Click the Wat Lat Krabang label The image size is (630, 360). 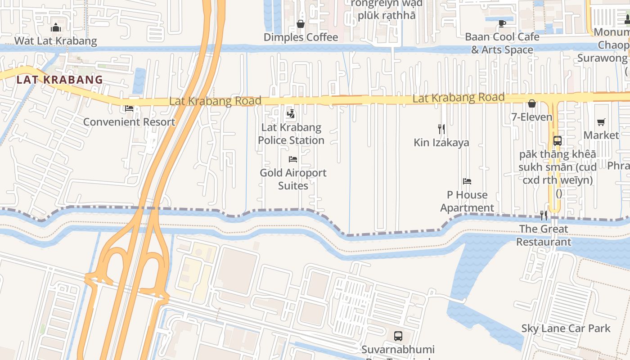coord(56,41)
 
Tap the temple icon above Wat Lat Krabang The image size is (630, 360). coord(56,28)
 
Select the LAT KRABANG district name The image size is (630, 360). coord(59,80)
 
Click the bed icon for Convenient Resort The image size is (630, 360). coord(130,108)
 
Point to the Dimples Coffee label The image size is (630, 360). coord(301,37)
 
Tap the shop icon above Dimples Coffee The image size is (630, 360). coord(301,24)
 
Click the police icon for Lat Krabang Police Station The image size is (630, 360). coord(291,114)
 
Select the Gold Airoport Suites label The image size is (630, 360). coord(293,179)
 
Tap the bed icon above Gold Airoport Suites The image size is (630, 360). coord(293,159)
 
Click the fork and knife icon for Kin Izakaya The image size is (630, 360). coord(441,129)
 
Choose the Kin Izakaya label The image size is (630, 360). coord(441,143)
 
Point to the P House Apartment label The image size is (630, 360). coord(467,201)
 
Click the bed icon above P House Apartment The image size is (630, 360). coord(467,181)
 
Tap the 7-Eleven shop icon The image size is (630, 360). coord(532,104)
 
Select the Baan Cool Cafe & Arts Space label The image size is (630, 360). coord(502,43)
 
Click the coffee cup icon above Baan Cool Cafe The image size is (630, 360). coord(502,23)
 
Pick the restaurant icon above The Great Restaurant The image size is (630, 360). coord(544,216)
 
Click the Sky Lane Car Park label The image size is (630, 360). coord(566,328)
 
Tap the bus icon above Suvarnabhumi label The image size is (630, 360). coord(398,336)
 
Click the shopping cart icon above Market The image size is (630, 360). coord(601,122)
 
